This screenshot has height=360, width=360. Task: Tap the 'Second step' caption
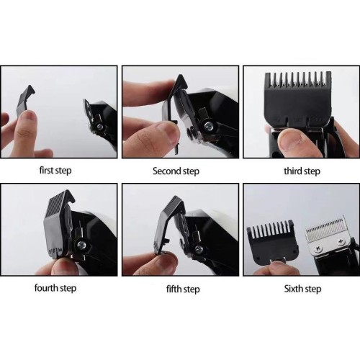click(x=176, y=171)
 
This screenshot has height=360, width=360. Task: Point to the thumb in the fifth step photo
click(x=155, y=263)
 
